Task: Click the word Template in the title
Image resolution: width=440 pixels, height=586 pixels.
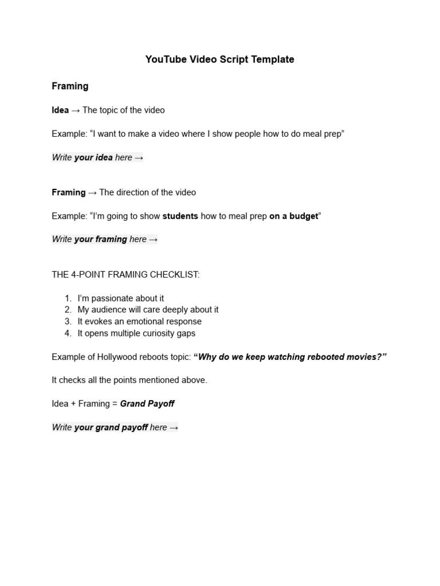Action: pyautogui.click(x=273, y=60)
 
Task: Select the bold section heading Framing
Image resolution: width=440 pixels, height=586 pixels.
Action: pyautogui.click(x=70, y=86)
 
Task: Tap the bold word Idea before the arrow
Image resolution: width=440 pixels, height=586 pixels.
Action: pyautogui.click(x=60, y=110)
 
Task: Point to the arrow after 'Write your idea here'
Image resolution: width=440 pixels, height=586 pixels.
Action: pyautogui.click(x=139, y=157)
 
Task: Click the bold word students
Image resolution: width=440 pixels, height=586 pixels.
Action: pyautogui.click(x=180, y=216)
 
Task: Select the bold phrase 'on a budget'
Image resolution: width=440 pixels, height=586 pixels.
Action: pyautogui.click(x=293, y=216)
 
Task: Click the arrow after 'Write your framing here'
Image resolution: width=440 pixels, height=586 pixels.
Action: pyautogui.click(x=153, y=239)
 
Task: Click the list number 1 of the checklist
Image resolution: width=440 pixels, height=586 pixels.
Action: pyautogui.click(x=68, y=298)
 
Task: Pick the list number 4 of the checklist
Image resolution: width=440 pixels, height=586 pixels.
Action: pyautogui.click(x=68, y=333)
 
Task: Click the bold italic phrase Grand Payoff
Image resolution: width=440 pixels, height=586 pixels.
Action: pyautogui.click(x=147, y=403)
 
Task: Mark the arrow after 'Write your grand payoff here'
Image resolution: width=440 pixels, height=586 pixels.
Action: pyautogui.click(x=174, y=427)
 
